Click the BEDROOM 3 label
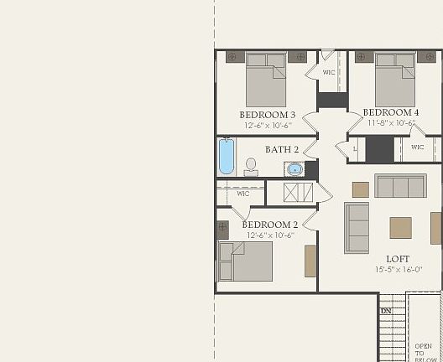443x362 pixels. click(x=267, y=114)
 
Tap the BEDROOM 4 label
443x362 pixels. click(x=390, y=112)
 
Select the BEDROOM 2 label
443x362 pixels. click(x=269, y=225)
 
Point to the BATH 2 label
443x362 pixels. click(x=282, y=149)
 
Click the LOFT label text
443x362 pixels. click(x=398, y=258)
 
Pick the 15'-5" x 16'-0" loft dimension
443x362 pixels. click(x=398, y=270)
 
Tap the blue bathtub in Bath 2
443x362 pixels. click(x=227, y=156)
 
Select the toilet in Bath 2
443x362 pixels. click(x=250, y=167)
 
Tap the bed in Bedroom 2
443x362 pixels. click(x=246, y=261)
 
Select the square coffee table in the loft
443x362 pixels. click(x=400, y=227)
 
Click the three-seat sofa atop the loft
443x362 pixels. click(x=400, y=185)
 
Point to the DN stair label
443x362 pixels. click(x=386, y=311)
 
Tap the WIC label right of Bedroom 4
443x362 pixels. click(x=418, y=147)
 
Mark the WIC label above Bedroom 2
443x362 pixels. click(x=242, y=194)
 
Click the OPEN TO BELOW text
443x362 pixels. click(x=424, y=349)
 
